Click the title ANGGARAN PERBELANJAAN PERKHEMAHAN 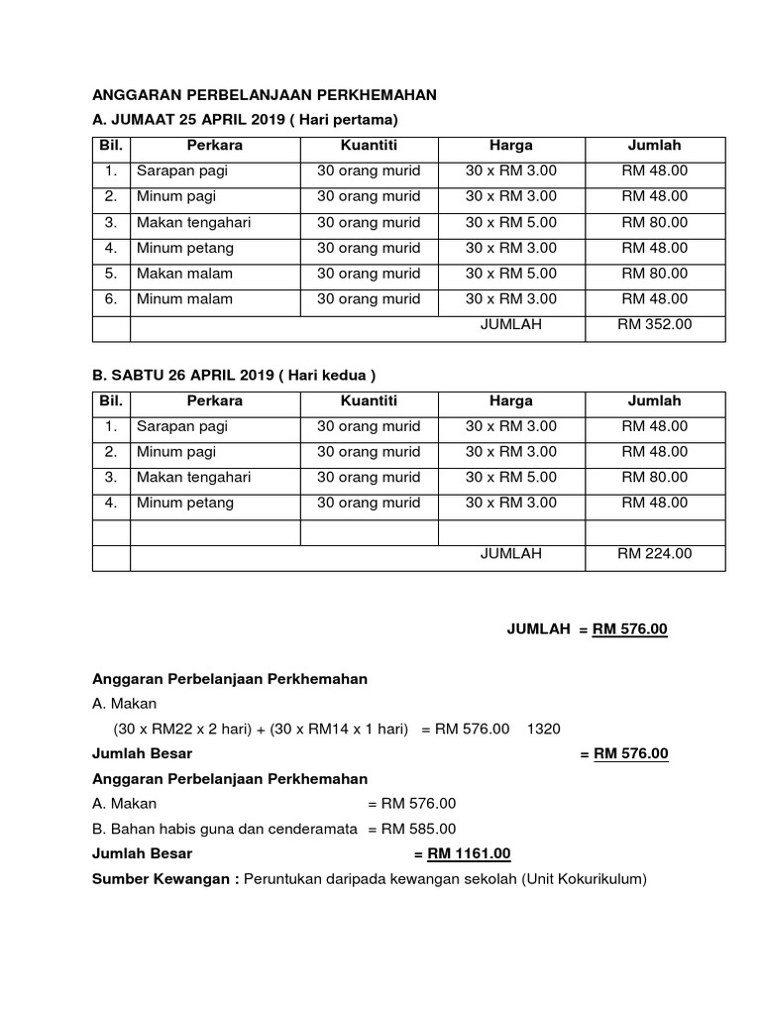tap(264, 95)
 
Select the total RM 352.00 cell tap(655, 324)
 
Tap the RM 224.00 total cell tap(655, 554)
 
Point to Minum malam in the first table tap(184, 298)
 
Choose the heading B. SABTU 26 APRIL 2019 tap(234, 375)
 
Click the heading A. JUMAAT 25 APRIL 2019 tap(244, 120)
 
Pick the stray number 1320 tap(544, 729)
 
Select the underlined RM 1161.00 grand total tap(469, 853)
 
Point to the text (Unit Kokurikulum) tap(584, 878)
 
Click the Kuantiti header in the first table tap(369, 146)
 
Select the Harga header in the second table tap(510, 400)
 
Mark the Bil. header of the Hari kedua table tap(111, 400)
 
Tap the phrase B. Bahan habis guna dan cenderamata tap(224, 829)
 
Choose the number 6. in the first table tap(111, 298)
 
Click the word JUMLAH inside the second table tap(510, 554)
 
